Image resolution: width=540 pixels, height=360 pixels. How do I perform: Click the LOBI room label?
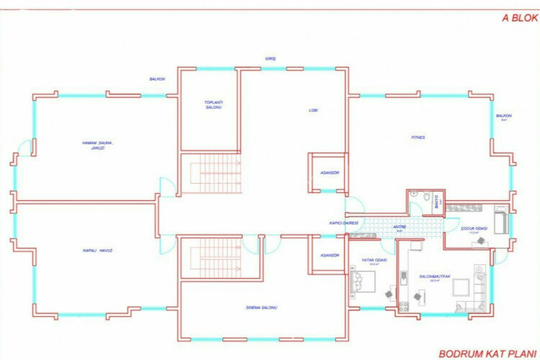coord(313,110)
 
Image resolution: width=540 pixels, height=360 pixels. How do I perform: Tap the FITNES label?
coord(418,137)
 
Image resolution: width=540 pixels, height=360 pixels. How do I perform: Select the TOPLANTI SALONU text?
coord(214,104)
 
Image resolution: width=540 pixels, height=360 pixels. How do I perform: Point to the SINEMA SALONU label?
coord(261,307)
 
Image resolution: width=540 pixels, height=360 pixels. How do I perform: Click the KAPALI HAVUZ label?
coord(98,250)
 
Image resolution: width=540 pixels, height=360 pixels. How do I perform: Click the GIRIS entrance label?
coord(271,58)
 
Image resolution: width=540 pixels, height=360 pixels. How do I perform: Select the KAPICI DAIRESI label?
coord(344,223)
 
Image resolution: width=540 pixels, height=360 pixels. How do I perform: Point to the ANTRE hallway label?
coord(400,227)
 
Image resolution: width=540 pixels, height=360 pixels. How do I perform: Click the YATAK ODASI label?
coord(374,261)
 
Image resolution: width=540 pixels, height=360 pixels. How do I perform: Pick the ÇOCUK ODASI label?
coord(474,230)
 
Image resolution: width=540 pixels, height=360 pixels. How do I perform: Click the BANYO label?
coord(437,203)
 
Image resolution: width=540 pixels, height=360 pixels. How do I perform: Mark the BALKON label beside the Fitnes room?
coord(503,116)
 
